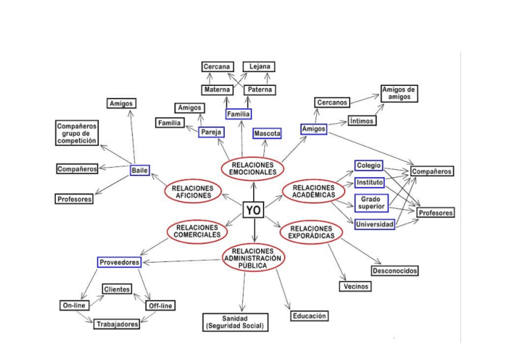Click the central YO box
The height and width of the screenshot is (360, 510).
[253, 210]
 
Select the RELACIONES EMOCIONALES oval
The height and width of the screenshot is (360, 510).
[253, 168]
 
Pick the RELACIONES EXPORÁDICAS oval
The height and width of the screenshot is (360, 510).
[310, 232]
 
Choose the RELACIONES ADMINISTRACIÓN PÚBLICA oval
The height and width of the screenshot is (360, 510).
[253, 258]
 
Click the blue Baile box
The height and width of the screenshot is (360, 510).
[139, 170]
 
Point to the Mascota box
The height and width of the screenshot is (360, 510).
[267, 133]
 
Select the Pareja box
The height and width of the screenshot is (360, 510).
[211, 132]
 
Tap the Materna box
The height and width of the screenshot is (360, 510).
[217, 90]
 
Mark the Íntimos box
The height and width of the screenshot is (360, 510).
[361, 121]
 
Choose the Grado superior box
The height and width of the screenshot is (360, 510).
[370, 203]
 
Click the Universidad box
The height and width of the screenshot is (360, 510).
[374, 224]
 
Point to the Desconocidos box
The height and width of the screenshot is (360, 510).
[395, 270]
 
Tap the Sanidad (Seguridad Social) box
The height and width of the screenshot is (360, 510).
[235, 322]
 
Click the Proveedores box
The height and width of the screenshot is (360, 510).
[119, 262]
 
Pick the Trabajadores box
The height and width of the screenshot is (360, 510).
[117, 324]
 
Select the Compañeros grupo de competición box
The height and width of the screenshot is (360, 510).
[77, 133]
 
